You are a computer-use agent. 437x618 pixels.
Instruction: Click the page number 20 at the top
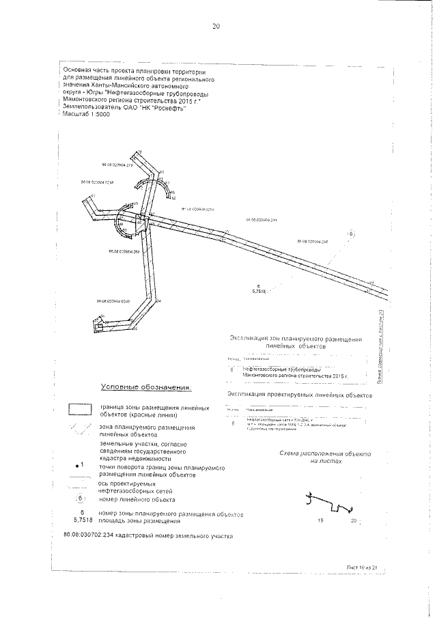pos(216,27)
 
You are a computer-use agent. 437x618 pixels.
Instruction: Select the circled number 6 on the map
pos(351,234)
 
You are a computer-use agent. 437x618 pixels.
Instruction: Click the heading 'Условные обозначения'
pos(145,387)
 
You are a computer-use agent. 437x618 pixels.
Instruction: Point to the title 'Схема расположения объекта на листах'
pos(324,458)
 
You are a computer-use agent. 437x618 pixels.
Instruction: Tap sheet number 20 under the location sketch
pos(353,521)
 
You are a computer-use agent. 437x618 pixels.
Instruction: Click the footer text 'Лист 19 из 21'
pos(361,567)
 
